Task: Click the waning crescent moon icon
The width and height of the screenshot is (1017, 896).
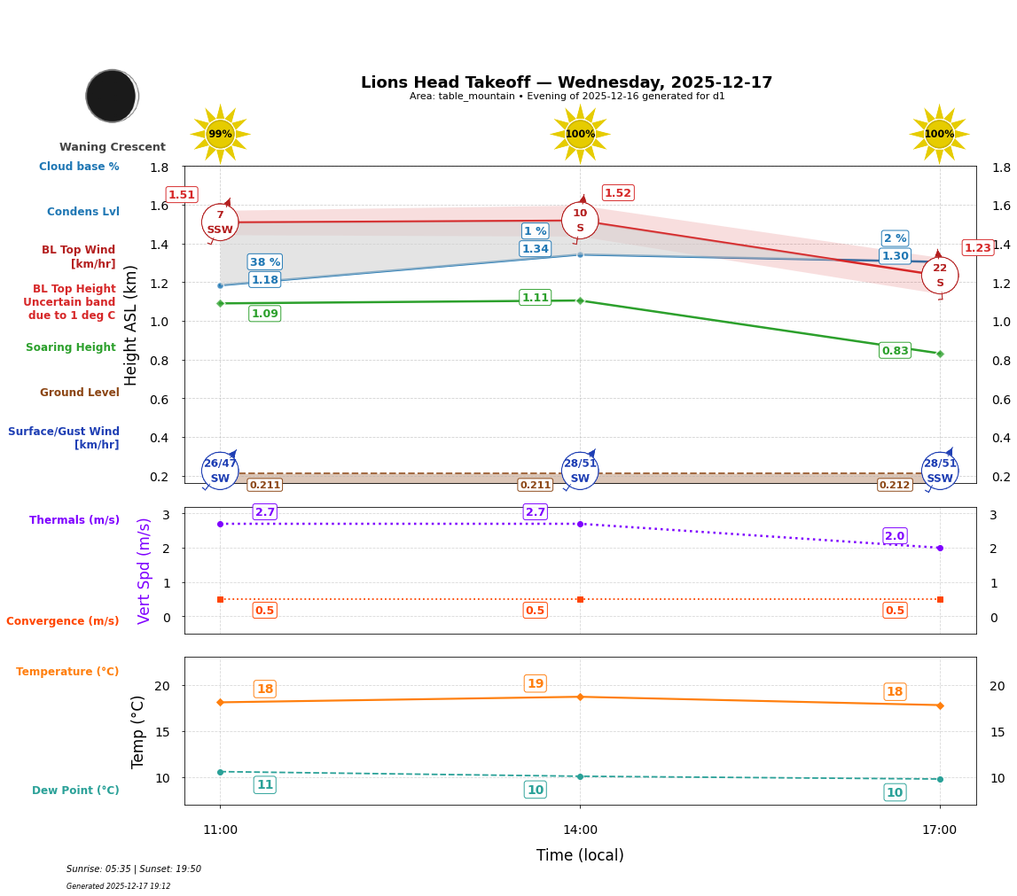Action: click(112, 96)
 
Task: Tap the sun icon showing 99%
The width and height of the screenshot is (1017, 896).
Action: click(220, 134)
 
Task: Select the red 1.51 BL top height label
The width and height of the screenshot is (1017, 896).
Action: click(182, 195)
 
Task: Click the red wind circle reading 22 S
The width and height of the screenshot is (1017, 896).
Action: click(939, 275)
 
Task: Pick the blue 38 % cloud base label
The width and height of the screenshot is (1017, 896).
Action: click(264, 261)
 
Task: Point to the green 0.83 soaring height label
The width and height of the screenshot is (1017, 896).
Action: click(895, 351)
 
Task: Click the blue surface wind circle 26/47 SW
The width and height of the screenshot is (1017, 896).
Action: click(220, 471)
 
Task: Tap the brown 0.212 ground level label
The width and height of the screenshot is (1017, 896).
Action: click(894, 485)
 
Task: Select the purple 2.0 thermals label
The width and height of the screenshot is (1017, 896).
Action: click(895, 536)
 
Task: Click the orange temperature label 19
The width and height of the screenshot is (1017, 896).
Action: click(535, 683)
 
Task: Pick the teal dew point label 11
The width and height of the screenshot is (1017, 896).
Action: click(264, 784)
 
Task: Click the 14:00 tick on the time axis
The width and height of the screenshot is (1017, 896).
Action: click(580, 830)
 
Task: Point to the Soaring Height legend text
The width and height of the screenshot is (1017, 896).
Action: click(71, 347)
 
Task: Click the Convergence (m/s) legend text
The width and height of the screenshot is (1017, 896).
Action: click(63, 621)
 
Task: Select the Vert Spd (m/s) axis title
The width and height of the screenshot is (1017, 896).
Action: click(145, 571)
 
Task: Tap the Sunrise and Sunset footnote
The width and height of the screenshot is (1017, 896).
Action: click(134, 869)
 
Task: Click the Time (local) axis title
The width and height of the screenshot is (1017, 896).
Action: click(580, 855)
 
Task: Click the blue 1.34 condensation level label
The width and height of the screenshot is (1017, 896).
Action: click(535, 249)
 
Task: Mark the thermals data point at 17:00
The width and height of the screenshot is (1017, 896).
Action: click(940, 548)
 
